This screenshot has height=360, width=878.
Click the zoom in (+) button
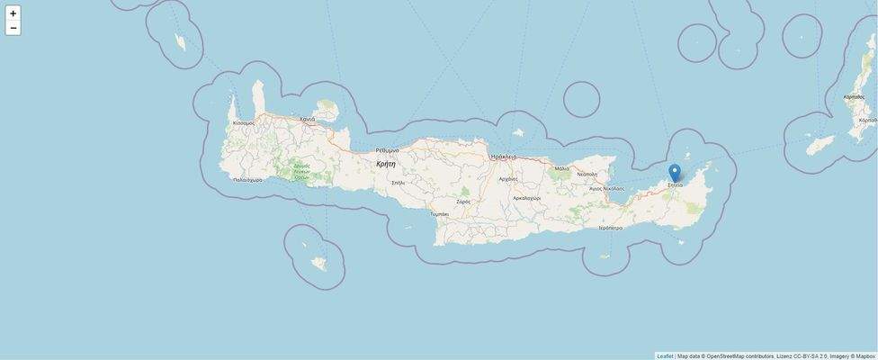click(13, 13)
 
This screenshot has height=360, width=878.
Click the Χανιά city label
click(308, 119)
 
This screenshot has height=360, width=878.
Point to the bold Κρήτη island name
click(386, 164)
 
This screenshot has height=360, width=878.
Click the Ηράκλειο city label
click(504, 157)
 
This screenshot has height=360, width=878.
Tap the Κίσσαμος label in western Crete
click(244, 123)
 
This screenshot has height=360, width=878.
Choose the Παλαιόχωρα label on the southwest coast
click(247, 180)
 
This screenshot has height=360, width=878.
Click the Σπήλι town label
click(398, 183)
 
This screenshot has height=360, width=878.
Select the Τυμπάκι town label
click(439, 214)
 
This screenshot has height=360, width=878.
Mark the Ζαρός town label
click(463, 202)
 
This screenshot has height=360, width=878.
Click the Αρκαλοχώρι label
click(526, 198)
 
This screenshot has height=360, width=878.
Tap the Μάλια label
click(562, 168)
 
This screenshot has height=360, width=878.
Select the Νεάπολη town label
click(587, 174)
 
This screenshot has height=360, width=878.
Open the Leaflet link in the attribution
click(665, 356)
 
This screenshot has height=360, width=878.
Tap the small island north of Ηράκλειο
click(518, 133)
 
